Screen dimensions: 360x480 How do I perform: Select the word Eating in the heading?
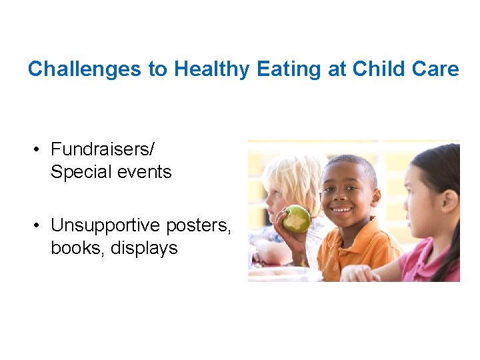(289, 69)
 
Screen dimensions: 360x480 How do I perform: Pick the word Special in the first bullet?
(79, 172)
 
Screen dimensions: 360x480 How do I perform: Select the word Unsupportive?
(106, 225)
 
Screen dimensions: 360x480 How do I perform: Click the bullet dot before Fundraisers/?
(41, 149)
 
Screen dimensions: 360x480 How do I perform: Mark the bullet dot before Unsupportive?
(41, 226)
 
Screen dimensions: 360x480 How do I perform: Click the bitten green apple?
(297, 219)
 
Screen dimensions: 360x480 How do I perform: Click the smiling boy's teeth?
(342, 209)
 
